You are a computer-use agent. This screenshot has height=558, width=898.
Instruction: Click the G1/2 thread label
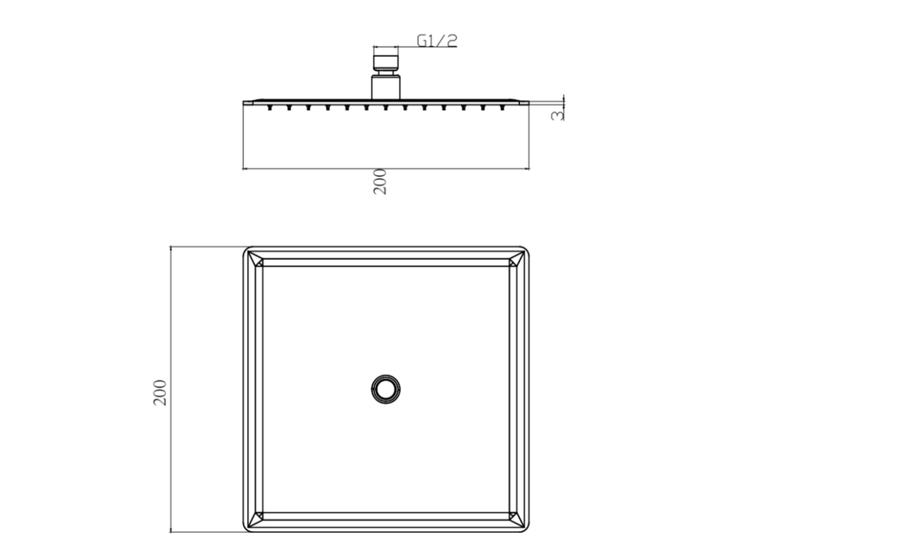(436, 41)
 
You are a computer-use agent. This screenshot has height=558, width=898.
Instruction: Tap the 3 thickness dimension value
(557, 115)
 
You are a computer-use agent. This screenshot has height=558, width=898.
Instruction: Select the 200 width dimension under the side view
(380, 182)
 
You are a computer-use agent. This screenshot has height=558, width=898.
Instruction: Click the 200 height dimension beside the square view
(160, 393)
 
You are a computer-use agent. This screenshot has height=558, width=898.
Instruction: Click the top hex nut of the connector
(385, 62)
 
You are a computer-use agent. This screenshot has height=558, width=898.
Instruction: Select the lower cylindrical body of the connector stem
(385, 87)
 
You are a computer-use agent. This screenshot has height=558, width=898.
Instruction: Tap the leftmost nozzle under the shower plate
(269, 107)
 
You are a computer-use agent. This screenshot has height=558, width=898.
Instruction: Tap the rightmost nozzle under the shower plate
(502, 107)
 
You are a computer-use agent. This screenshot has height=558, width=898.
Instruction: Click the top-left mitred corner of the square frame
(255, 259)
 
